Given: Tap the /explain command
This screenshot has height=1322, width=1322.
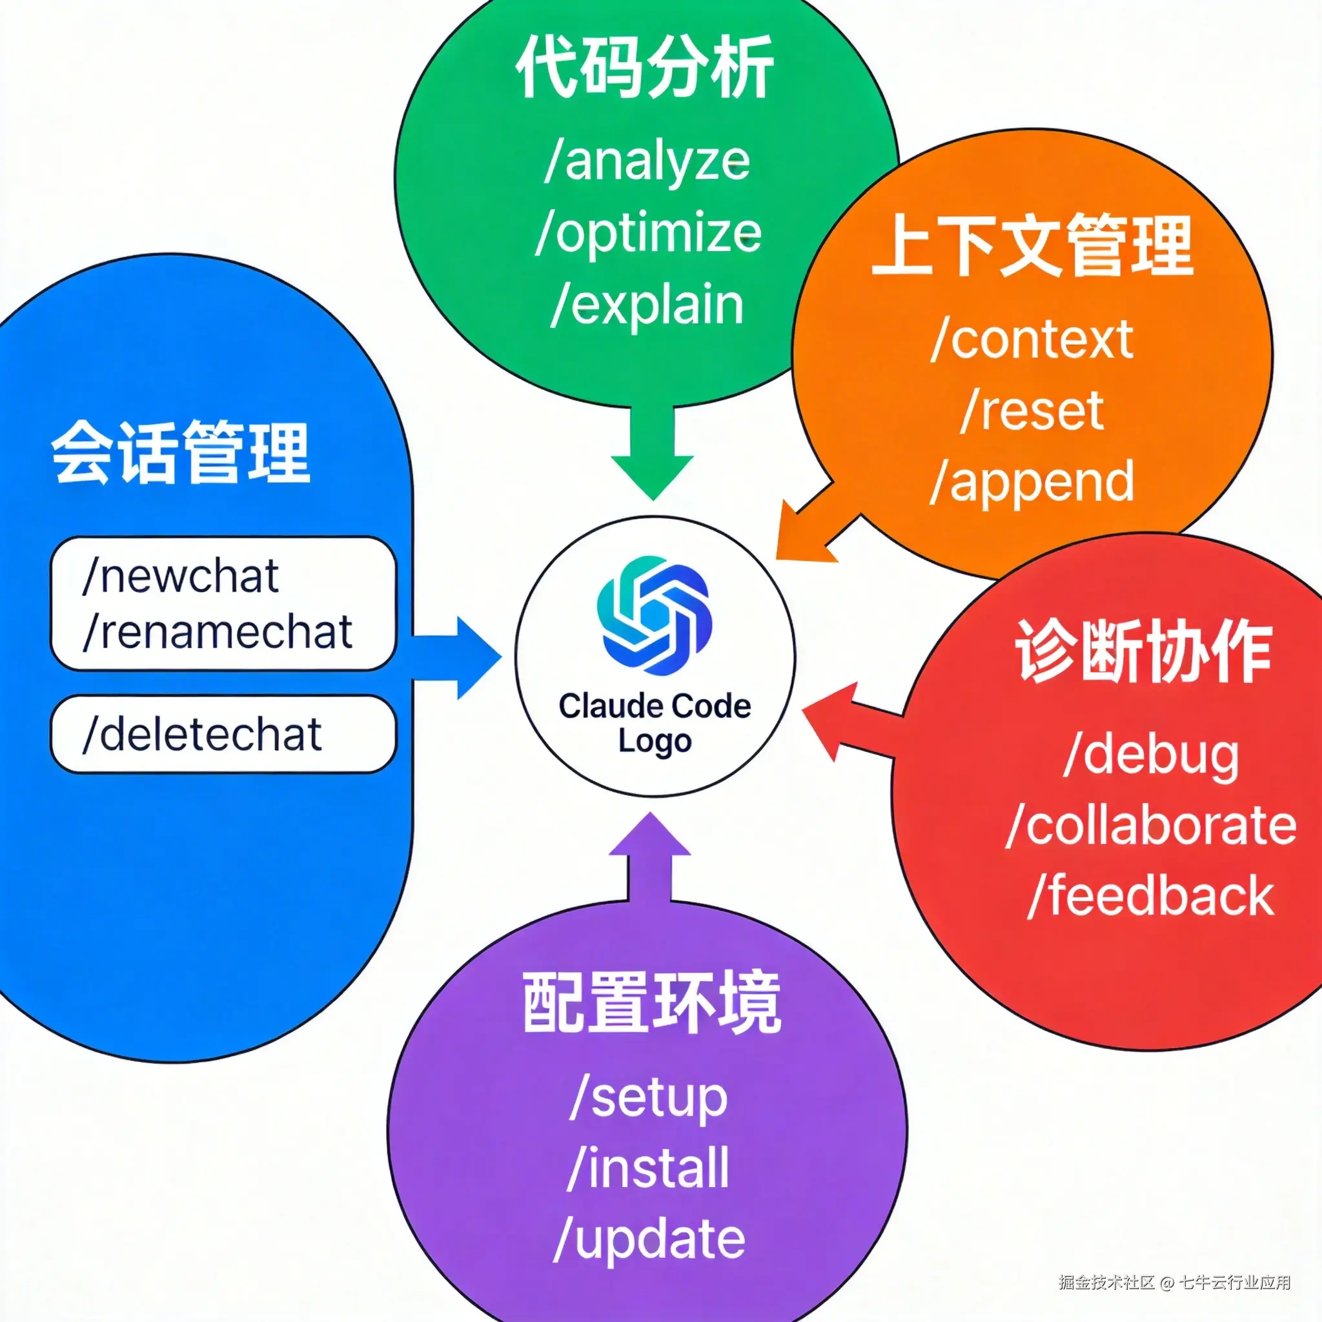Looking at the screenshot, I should (647, 305).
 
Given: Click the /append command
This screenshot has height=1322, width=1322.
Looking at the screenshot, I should (1032, 482).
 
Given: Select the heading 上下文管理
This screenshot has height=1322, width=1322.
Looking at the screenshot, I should (1032, 245).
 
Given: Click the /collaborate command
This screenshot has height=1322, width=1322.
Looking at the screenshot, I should (1152, 826).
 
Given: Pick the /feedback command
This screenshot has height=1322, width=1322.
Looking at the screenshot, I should (1152, 897).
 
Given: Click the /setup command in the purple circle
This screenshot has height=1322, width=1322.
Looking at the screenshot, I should (649, 1097).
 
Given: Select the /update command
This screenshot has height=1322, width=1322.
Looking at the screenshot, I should (649, 1239).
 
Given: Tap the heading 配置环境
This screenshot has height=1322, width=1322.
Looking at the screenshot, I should (651, 1002).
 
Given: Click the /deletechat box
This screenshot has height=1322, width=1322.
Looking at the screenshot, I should (223, 734).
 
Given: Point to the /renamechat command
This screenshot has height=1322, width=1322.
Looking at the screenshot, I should (218, 631).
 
